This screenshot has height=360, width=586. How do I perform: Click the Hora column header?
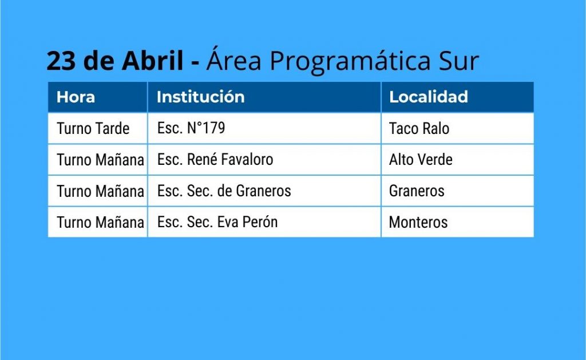[x=76, y=97]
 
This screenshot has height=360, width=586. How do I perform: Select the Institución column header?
[x=200, y=97]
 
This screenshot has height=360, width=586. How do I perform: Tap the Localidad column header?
[x=428, y=97]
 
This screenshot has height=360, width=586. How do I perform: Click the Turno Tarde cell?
[x=93, y=129]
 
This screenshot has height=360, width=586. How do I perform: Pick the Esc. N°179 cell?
[x=191, y=128]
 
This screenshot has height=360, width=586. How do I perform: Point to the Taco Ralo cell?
[x=419, y=129]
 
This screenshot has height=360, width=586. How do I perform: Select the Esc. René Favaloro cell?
[x=215, y=160]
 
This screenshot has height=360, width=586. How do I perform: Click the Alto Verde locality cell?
[x=421, y=160]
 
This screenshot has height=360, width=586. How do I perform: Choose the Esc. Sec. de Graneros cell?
[x=224, y=191]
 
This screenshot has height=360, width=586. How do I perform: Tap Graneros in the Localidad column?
[x=417, y=191]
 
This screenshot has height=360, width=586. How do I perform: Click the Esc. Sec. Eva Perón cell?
[x=217, y=222]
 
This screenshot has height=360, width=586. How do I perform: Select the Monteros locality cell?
[x=418, y=223]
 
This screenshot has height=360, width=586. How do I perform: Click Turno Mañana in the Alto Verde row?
[x=100, y=160]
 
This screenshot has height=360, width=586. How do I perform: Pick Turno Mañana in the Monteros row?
[x=100, y=223]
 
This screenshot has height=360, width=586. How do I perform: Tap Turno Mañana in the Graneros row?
[x=100, y=191]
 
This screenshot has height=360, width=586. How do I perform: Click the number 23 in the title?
[x=61, y=61]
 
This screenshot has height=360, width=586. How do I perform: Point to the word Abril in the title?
[x=152, y=60]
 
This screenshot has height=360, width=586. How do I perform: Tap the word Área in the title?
[x=234, y=59]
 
